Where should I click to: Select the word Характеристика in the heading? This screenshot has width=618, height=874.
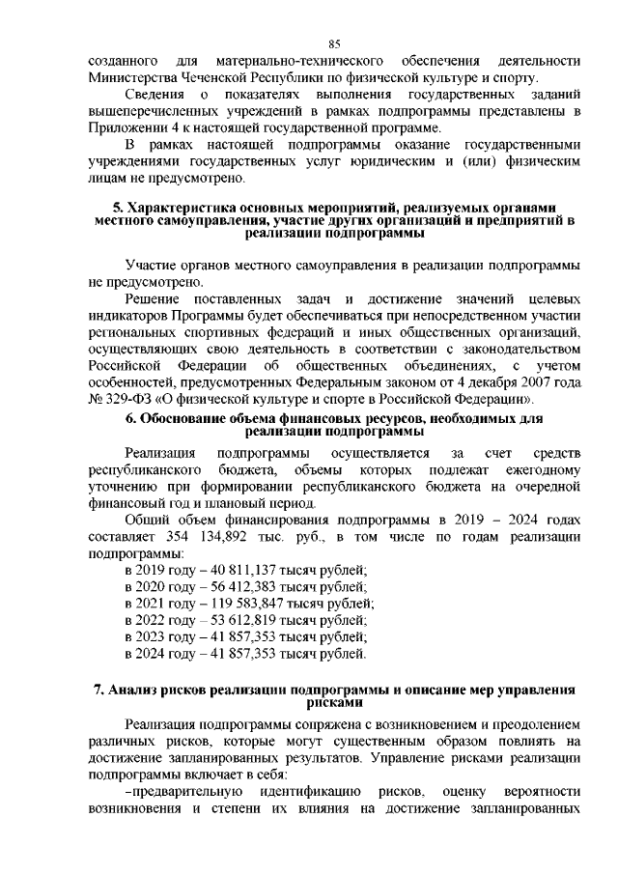pos(178,209)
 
